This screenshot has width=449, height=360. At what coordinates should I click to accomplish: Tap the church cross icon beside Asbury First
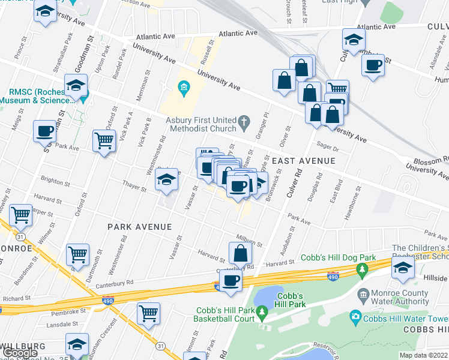coord(244,124)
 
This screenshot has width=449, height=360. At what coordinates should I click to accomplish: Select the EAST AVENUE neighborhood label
coord(303,161)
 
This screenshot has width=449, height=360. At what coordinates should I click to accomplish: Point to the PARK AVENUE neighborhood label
coord(139,227)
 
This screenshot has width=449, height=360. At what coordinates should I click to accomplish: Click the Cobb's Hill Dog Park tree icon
coord(362,270)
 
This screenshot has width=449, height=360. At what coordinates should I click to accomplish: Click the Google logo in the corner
coord(20,353)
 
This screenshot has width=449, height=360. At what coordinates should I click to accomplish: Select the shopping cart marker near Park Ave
coord(104,141)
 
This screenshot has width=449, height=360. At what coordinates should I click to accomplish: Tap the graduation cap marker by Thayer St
coord(167,179)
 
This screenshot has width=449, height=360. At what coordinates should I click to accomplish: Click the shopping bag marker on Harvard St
coord(240,253)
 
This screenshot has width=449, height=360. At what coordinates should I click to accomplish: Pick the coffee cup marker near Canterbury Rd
coord(231,281)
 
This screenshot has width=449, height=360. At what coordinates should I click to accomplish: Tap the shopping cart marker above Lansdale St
coord(148,313)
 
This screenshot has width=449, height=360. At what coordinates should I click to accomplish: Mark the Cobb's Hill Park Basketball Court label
coord(226,314)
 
